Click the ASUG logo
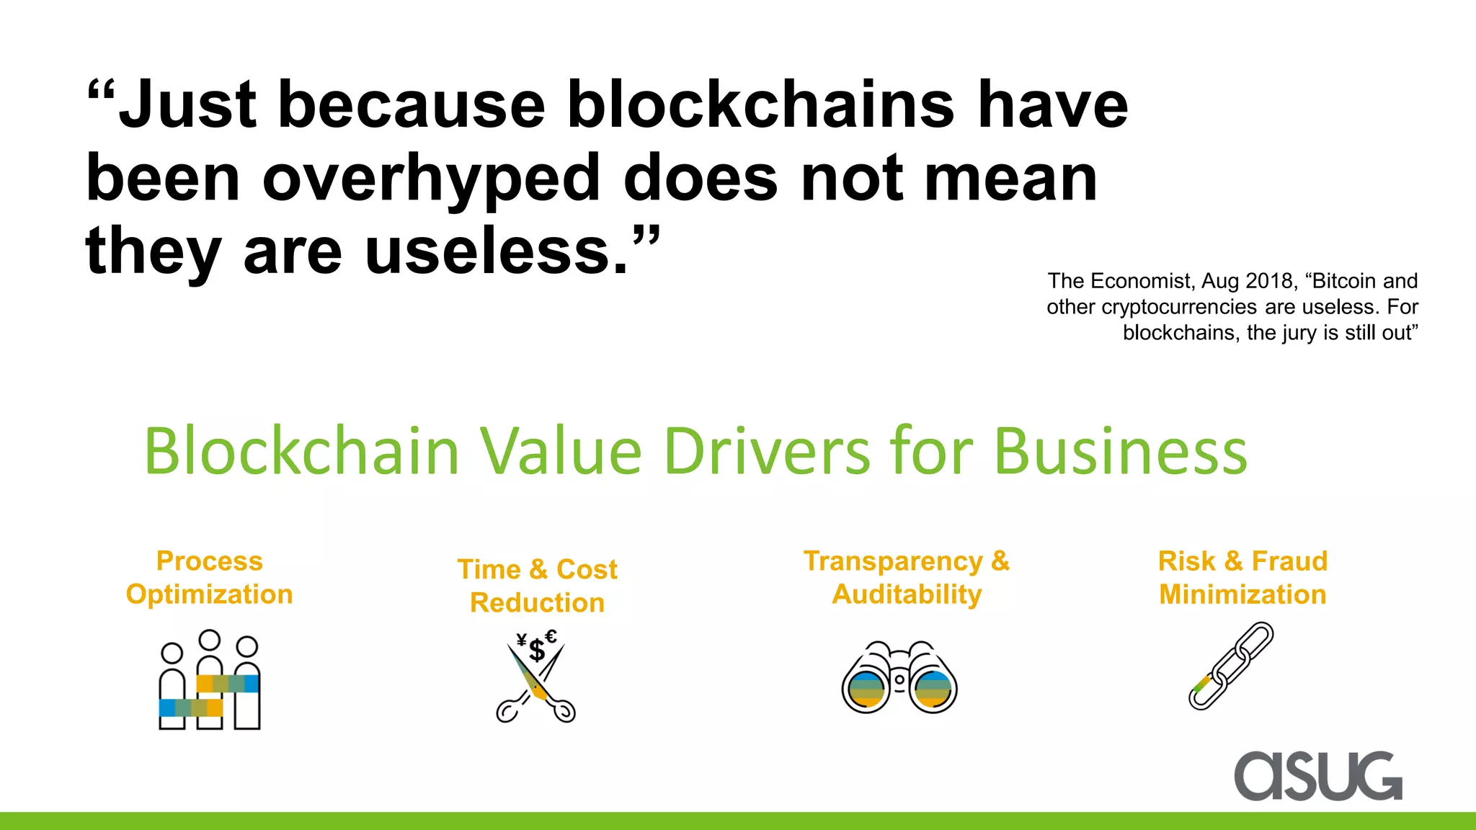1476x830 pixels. point(1318,776)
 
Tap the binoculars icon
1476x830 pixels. point(899,678)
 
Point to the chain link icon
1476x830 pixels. point(1231,666)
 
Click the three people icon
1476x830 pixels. point(209,681)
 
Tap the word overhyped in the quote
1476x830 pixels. point(431,178)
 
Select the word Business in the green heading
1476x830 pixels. point(1120,452)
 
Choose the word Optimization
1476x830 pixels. point(209,594)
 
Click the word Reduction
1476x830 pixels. point(537,603)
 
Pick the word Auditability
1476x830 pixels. point(907,594)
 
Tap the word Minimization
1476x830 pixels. point(1242,594)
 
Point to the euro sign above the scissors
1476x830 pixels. point(551,636)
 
